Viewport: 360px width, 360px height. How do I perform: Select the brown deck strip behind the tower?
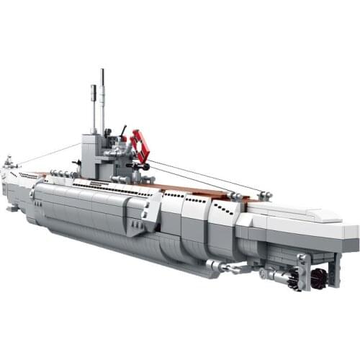pos(194,191)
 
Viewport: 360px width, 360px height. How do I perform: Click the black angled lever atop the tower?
pos(122,134)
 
